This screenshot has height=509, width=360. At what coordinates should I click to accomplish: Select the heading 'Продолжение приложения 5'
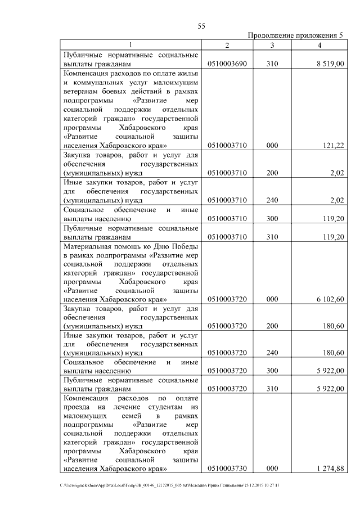click(295, 35)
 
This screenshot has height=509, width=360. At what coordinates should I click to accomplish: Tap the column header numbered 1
click(131, 45)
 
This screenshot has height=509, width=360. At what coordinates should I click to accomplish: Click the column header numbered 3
click(272, 45)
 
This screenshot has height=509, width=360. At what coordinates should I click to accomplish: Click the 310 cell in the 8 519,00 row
click(272, 65)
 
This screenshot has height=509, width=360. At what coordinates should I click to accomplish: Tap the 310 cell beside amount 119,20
click(272, 237)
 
